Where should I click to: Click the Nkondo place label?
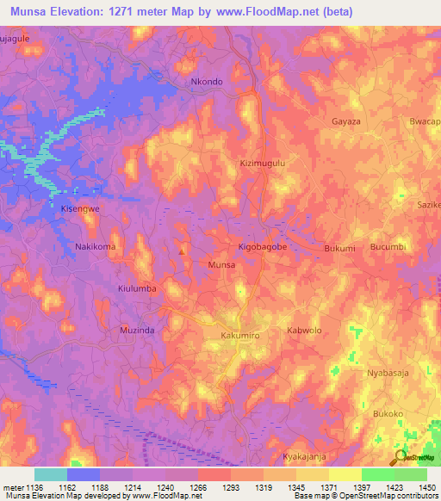coord(206,82)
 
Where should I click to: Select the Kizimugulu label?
coord(262,162)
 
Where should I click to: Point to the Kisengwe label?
coord(80,209)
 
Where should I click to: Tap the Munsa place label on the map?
coord(221,265)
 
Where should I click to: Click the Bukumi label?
coord(339,249)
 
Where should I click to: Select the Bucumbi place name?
coord(388,247)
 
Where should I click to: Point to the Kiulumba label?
coord(137,289)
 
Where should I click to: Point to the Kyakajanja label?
coord(307,456)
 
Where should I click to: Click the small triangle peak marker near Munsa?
coord(182,251)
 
